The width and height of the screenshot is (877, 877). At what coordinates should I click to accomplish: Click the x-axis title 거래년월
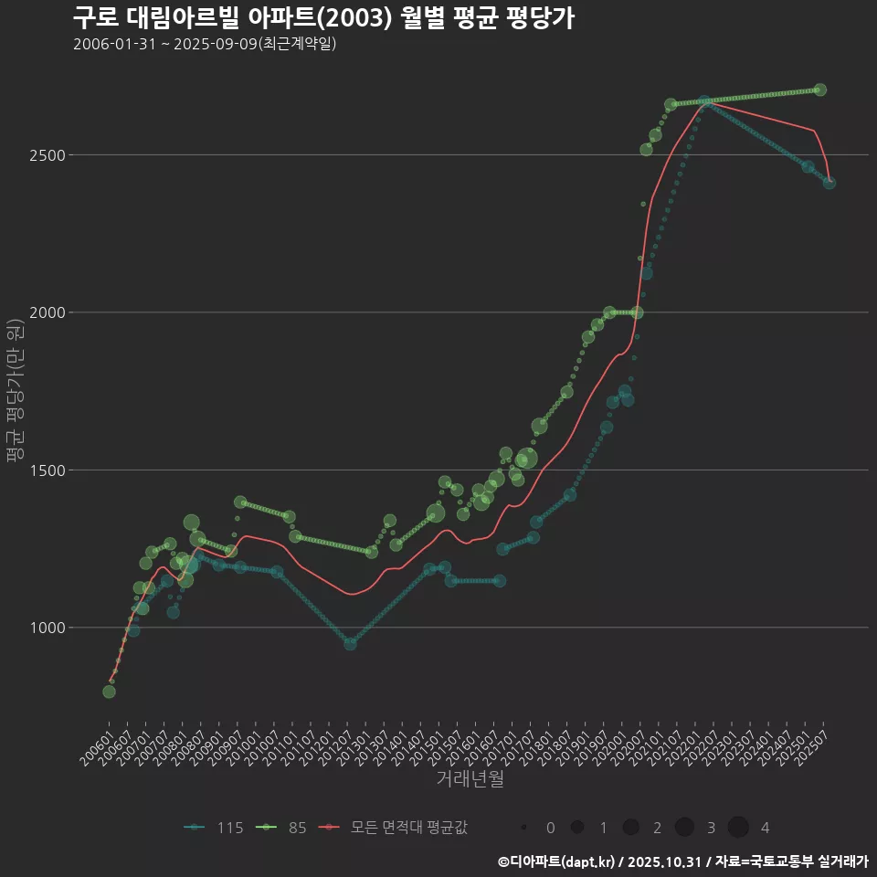pyautogui.click(x=470, y=778)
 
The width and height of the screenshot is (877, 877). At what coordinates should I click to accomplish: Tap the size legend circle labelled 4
pyautogui.click(x=738, y=828)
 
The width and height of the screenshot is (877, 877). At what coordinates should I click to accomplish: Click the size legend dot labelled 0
pyautogui.click(x=523, y=828)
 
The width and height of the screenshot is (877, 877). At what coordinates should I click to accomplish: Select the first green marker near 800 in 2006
pyautogui.click(x=109, y=692)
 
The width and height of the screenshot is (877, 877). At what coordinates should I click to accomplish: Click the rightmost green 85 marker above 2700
pyautogui.click(x=819, y=90)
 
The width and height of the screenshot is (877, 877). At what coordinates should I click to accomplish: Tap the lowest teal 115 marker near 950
pyautogui.click(x=350, y=644)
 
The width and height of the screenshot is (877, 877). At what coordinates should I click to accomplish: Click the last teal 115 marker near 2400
pyautogui.click(x=829, y=183)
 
